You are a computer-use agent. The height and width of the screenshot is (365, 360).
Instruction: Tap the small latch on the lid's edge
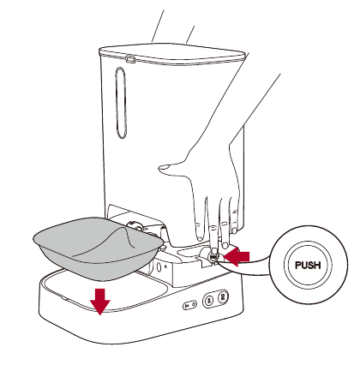tap(130, 59)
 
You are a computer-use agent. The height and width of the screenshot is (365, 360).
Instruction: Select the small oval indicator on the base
tap(188, 305)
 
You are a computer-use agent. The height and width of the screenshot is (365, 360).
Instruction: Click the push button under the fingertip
tap(212, 254)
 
